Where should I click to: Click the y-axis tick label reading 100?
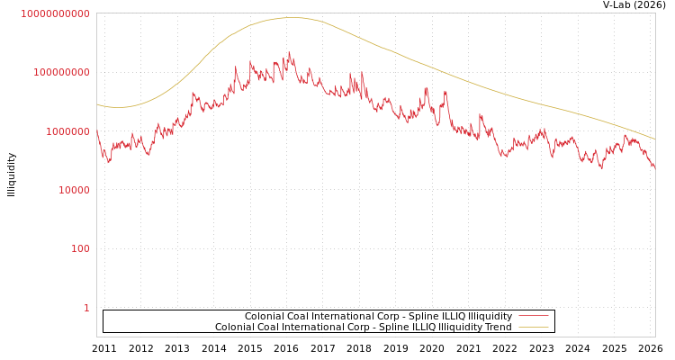80,249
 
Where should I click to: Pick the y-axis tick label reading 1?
86,308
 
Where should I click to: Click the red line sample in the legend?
534,317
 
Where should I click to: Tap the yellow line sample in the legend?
534,328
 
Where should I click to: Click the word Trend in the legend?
498,328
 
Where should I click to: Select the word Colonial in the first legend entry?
265,317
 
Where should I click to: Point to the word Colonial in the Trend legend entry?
235,328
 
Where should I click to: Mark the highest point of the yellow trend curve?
291,17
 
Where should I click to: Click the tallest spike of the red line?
290,52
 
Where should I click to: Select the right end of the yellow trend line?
654,139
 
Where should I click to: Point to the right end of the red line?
654,168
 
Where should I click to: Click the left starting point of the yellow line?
97,104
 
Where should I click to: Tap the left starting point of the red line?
97,131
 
